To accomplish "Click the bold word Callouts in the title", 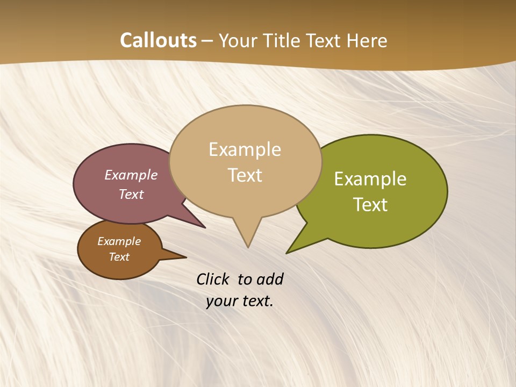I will (158, 40).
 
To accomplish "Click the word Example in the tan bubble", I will (245, 149).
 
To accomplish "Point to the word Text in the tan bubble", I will (245, 175).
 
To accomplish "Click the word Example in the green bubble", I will (370, 179).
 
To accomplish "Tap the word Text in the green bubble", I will (370, 205).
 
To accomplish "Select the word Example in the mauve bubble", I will (131, 175).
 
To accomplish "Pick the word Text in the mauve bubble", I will (131, 194).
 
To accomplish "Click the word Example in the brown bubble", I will (119, 241).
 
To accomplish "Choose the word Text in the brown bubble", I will (119, 257).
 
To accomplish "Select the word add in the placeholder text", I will (269, 279).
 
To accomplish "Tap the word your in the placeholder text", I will (221, 301).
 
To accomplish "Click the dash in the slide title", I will (207, 41).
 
